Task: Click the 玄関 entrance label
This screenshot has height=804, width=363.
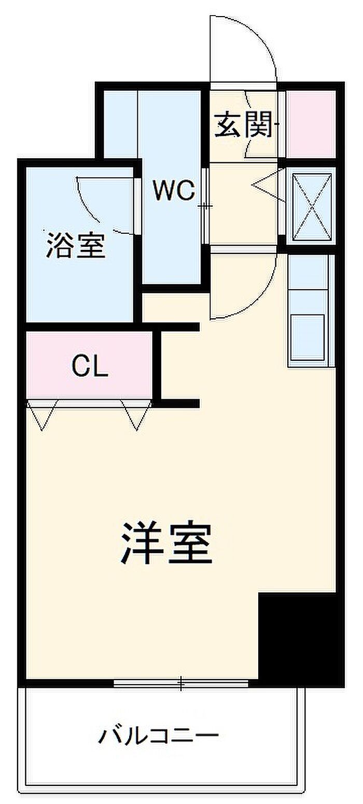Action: [x=244, y=124]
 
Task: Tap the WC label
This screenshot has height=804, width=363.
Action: [x=173, y=191]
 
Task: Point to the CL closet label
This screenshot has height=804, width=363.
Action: [x=90, y=366]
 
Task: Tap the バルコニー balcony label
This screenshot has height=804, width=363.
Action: [x=159, y=736]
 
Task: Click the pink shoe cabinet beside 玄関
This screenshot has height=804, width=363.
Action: [x=310, y=124]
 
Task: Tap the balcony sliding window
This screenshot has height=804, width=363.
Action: [x=181, y=684]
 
